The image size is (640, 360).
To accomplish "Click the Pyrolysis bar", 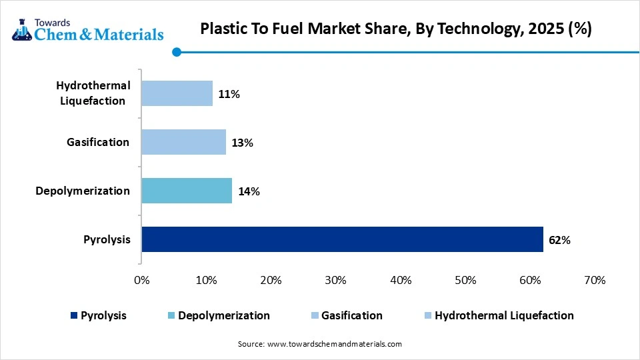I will (x=342, y=239).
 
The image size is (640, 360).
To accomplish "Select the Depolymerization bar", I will (x=187, y=191).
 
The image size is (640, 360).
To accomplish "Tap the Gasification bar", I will (x=183, y=142).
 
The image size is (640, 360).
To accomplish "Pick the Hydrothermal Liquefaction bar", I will (x=177, y=93).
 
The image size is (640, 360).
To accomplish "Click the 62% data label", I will (x=560, y=240).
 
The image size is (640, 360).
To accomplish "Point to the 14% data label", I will (x=249, y=191).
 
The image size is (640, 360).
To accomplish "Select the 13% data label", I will (x=243, y=143).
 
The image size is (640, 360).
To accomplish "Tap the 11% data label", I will (x=229, y=94).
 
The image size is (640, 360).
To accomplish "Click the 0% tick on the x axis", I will (x=142, y=281).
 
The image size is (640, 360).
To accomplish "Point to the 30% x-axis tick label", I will (x=335, y=281).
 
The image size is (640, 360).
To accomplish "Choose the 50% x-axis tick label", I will (x=465, y=281).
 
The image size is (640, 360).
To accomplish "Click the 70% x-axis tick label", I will (x=594, y=281).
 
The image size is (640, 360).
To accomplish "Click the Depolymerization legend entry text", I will (x=223, y=316).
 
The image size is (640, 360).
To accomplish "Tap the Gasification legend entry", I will (x=352, y=316).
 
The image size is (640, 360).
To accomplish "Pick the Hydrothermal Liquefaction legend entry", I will (x=504, y=316).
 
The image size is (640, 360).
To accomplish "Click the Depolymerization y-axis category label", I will (x=83, y=191).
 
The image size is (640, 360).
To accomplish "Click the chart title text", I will (x=395, y=30).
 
